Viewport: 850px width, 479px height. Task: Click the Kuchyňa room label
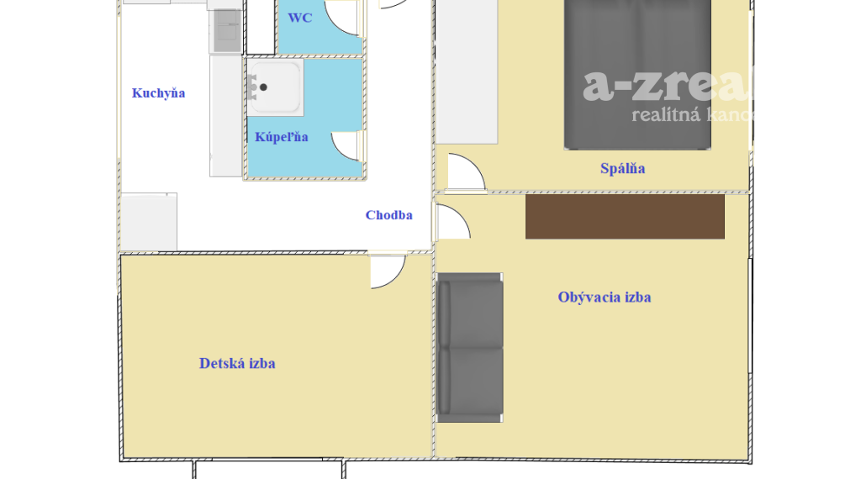(x=158, y=93)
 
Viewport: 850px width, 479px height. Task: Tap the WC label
(x=299, y=18)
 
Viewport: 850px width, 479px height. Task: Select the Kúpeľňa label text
(x=282, y=137)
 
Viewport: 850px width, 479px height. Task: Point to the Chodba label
(x=388, y=215)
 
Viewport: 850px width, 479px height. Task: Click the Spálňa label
(x=622, y=169)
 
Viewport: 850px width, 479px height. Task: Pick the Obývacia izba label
(x=604, y=297)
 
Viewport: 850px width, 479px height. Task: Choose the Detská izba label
(x=237, y=364)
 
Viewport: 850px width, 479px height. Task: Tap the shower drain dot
(x=263, y=87)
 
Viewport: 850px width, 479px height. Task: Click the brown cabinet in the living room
(x=625, y=217)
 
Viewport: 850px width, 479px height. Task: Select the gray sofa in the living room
(x=469, y=347)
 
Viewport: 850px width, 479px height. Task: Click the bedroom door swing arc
(x=466, y=171)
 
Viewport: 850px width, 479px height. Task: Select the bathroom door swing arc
(x=347, y=145)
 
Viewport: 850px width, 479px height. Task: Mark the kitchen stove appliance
(x=225, y=31)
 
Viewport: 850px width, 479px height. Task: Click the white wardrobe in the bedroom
(x=467, y=71)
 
